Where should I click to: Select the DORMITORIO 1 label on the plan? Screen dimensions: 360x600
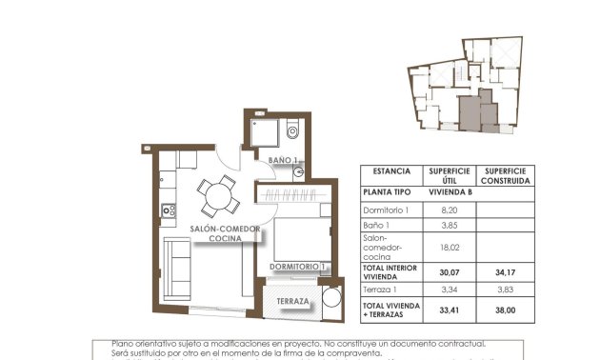(x=298, y=266)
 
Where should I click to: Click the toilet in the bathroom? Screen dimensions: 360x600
(x=291, y=132)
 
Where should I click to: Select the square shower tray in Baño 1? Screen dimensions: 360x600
(x=263, y=132)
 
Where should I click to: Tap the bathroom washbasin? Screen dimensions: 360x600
(x=298, y=172)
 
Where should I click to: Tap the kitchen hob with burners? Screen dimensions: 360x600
(x=169, y=210)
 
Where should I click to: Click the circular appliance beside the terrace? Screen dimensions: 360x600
(x=330, y=302)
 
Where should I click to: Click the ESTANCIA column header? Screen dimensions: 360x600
(x=391, y=171)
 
